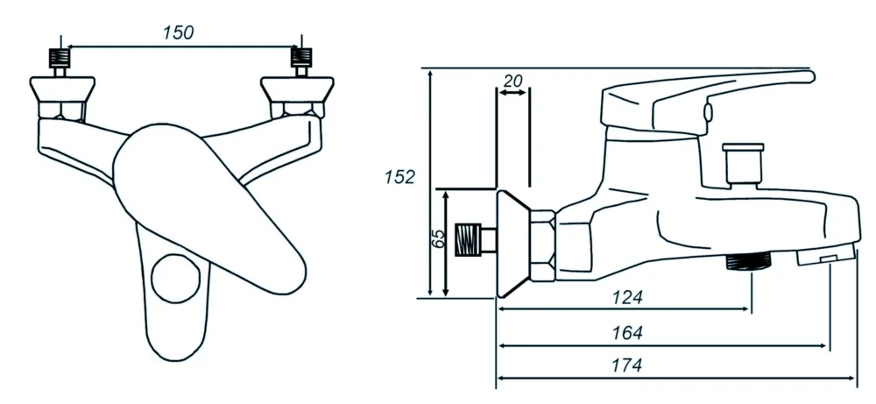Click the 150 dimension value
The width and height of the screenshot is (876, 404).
click(178, 32)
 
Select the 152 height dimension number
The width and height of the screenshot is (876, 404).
click(399, 177)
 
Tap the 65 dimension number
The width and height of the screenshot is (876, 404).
click(441, 240)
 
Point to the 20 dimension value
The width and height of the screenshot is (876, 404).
click(513, 81)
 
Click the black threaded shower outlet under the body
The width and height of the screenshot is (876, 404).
click(748, 261)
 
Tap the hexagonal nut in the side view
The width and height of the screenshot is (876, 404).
click(543, 246)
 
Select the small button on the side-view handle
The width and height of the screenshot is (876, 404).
click(707, 111)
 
